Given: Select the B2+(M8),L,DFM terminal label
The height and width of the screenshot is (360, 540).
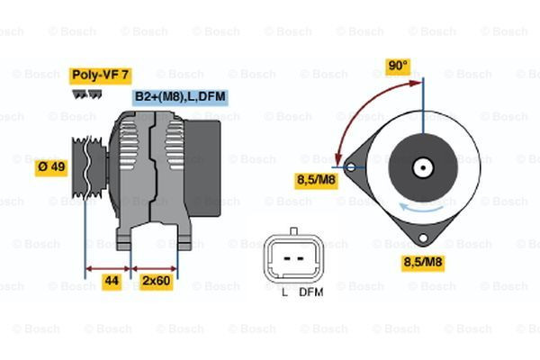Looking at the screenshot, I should point(180,95).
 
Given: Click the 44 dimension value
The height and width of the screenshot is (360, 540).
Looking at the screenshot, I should point(112,282).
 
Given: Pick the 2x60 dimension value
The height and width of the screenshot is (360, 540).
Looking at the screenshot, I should point(157,282).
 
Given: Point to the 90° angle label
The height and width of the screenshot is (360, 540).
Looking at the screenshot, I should point(398,66).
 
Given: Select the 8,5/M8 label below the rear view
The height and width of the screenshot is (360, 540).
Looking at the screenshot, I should point(422,263).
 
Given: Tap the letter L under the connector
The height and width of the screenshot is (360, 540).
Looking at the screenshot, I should point(283,292).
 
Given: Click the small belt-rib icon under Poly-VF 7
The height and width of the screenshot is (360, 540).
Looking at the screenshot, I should point(85,92).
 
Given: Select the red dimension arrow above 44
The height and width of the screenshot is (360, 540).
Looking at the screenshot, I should point(109,268).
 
